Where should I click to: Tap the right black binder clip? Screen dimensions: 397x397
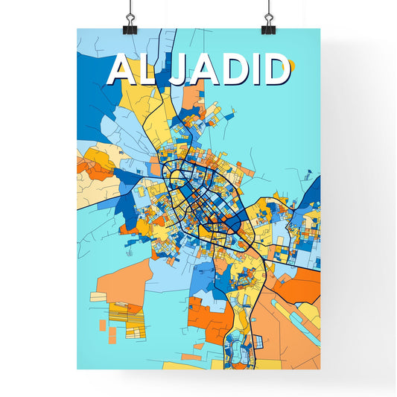(x=267, y=23)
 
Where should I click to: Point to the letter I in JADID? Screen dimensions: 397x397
(x=251, y=70)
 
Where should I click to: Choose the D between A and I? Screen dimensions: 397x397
(x=228, y=70)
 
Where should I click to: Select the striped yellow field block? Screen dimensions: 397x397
(x=119, y=314)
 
